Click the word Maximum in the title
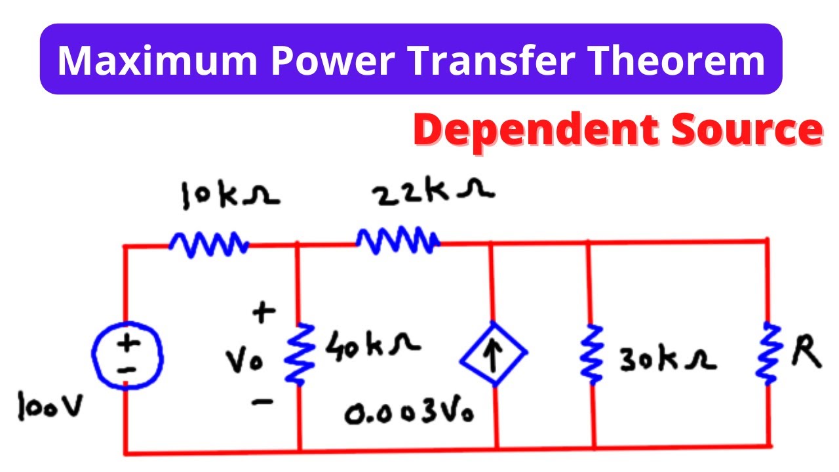point(157,60)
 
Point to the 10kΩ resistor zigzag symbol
point(208,245)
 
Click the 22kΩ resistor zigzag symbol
point(398,242)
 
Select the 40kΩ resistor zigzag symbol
point(298,355)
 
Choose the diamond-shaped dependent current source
point(493,355)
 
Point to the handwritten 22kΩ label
point(433,193)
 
